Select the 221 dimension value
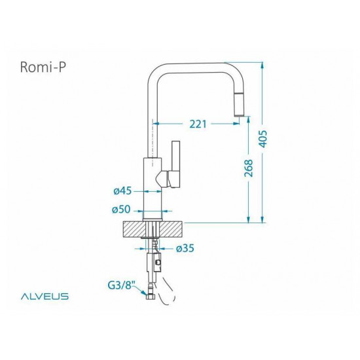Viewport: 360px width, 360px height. [198, 122]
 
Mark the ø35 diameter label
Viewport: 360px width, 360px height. [186, 248]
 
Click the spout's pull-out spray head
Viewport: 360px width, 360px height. [239, 106]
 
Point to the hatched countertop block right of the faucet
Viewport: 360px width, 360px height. [171, 229]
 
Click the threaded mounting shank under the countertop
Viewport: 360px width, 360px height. [154, 245]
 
